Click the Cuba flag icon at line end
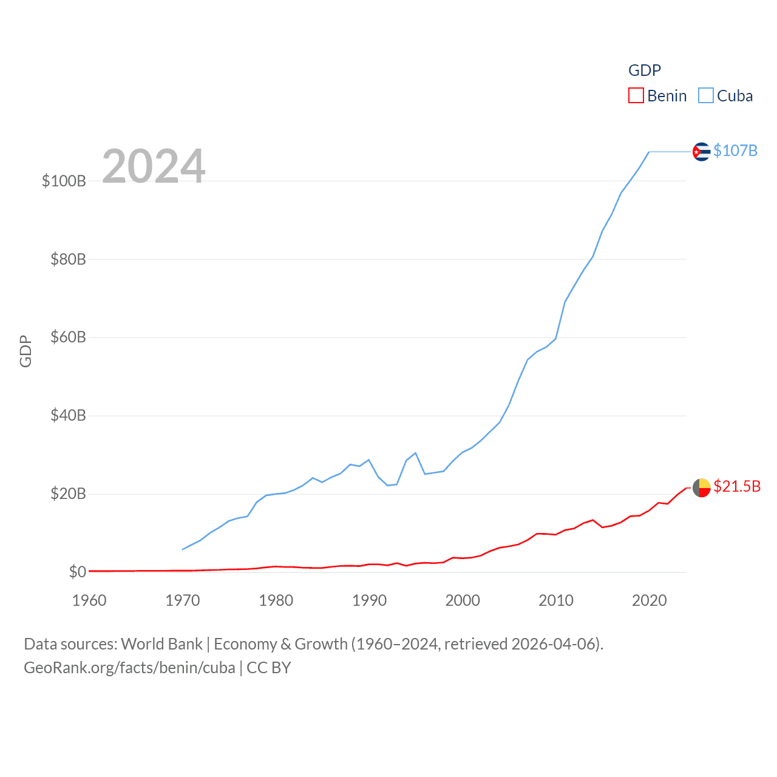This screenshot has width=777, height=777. pos(701,151)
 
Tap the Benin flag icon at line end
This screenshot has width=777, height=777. pos(701,487)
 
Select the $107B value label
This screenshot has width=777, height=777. pos(735,151)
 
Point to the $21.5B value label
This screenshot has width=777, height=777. pos(737,486)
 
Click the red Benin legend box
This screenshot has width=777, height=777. pos(636,96)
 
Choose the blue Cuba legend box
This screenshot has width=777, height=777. pos(705,96)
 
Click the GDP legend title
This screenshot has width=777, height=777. pos(644,70)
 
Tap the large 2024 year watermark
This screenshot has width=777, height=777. pos(154,166)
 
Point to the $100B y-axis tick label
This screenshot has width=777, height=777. pos(64,181)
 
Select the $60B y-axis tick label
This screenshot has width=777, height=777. pos(68,337)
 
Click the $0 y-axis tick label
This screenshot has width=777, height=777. pos(77,572)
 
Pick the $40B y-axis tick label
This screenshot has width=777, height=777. pos(68,415)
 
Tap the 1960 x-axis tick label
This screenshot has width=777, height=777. pos(89,600)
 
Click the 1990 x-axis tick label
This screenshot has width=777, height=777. pos(369,600)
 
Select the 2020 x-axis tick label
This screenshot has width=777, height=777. pos(649,600)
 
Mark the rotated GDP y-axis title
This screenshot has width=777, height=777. pos(25,351)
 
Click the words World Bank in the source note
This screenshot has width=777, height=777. pos(161,644)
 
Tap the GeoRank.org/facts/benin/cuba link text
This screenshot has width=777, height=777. pos(129,668)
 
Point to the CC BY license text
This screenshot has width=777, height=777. pos(269,668)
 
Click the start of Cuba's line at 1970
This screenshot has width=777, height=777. pos(183,549)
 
